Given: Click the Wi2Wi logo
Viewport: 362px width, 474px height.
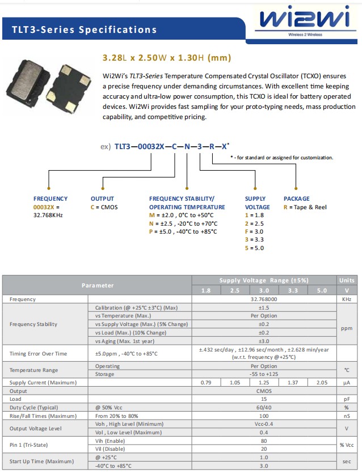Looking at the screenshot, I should pos(305,22).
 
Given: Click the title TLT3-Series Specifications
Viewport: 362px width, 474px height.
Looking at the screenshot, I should pos(84,29).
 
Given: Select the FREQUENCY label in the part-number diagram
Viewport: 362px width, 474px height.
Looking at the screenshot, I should pos(50,198).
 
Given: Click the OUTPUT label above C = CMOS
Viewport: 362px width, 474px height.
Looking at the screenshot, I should pos(102,198).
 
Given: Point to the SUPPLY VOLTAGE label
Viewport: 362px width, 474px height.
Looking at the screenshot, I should pos(255,203).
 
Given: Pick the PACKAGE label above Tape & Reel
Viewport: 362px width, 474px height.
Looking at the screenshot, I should pos(297,198).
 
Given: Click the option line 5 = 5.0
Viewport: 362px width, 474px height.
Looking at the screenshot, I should pos(254,248).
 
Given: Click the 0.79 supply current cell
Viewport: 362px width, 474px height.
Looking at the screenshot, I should pos(207,383).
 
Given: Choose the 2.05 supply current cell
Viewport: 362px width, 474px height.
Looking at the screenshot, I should pos(322,383).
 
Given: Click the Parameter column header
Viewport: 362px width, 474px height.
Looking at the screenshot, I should pos(97,285).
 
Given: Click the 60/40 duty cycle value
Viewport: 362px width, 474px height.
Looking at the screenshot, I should pos(264,408).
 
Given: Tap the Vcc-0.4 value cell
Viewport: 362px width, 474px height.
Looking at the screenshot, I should pos(264,424).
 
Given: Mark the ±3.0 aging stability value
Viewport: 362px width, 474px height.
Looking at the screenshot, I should pos(264,341).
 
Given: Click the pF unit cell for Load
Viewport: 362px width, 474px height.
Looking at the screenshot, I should pos(347,399).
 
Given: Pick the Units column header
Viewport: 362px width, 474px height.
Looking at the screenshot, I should pos(347,281).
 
